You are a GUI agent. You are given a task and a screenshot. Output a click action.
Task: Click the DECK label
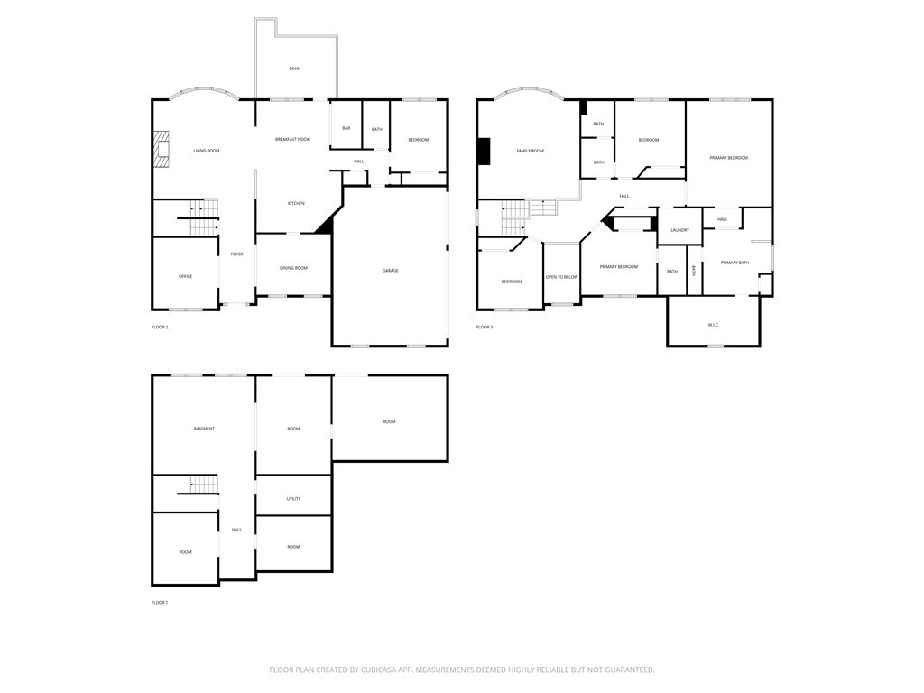[x=294, y=69]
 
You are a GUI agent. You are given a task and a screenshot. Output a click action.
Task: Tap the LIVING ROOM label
[x=207, y=151]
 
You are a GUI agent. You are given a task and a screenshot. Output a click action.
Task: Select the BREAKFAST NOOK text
[x=292, y=139]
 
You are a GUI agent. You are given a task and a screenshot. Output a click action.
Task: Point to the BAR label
[x=346, y=129]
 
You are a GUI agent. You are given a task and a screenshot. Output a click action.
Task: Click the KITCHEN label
[x=296, y=203]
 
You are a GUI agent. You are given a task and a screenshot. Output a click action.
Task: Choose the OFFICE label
[x=185, y=276]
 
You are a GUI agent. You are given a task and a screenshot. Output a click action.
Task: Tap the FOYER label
[x=236, y=254]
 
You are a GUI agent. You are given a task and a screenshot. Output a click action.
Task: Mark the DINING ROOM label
[x=293, y=268]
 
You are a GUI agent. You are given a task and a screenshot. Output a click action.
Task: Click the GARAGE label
[x=390, y=271]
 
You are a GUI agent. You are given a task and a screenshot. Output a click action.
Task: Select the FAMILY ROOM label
[x=530, y=151]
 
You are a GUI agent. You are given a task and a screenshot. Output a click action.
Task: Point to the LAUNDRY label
[x=679, y=230]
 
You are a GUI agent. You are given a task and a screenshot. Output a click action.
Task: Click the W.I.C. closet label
[x=713, y=325]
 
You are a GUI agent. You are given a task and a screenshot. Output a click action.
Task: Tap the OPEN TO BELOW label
[x=561, y=277]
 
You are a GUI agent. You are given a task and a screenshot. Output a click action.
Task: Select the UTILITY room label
[x=293, y=499]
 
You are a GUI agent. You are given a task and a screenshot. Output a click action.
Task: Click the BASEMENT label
[x=204, y=429]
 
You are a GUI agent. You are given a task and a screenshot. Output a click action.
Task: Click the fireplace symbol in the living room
[x=161, y=150]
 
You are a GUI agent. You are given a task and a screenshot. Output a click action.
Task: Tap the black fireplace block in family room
[x=485, y=152]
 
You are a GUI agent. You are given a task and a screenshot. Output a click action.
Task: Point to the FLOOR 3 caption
[x=485, y=327]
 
